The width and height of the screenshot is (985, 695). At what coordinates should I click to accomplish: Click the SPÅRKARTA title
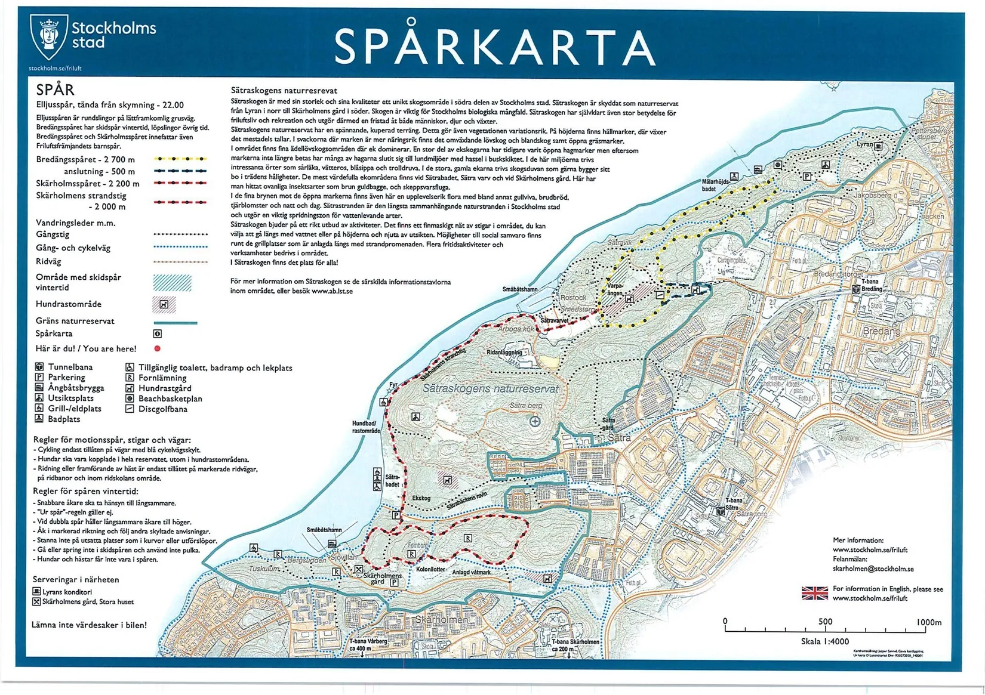point(494,46)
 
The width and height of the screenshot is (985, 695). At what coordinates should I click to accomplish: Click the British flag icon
point(814,592)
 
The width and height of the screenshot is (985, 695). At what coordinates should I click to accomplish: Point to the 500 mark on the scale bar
point(825,622)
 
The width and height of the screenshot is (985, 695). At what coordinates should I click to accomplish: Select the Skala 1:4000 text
point(824,641)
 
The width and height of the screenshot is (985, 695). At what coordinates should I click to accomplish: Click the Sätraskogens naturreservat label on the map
point(491,388)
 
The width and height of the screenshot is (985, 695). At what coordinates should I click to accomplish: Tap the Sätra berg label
point(526,405)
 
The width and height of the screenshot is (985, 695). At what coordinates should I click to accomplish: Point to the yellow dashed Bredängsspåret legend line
point(180,159)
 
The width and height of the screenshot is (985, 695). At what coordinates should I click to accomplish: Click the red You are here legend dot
point(158,348)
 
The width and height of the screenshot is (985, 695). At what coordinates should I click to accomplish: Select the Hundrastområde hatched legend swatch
point(164,304)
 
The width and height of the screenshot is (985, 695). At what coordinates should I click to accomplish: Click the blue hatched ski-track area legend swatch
point(172,282)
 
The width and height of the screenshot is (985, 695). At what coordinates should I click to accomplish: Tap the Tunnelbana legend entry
point(70,367)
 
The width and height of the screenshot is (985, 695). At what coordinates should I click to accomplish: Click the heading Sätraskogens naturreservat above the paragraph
point(284,91)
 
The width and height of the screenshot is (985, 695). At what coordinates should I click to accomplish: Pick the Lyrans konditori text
point(67,592)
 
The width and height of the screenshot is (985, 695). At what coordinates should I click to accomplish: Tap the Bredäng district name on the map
point(881,331)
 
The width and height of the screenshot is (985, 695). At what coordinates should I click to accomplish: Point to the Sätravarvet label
point(554,320)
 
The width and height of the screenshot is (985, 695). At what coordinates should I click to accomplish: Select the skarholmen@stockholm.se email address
point(873,569)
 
